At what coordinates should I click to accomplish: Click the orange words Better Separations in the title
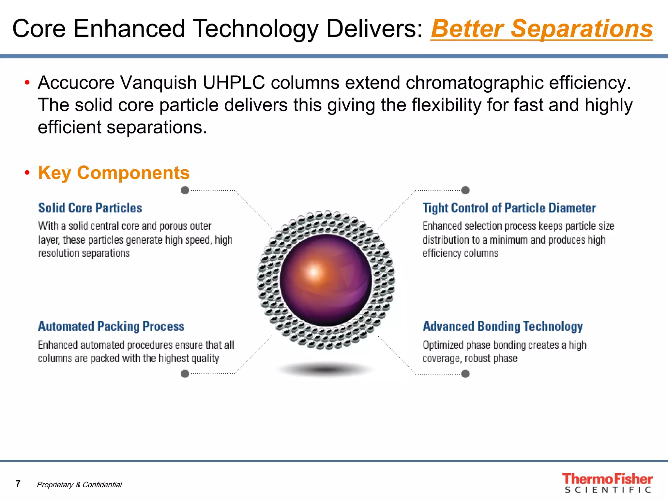(x=541, y=29)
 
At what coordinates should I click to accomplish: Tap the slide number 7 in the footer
(x=18, y=483)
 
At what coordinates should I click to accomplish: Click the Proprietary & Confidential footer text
(x=79, y=484)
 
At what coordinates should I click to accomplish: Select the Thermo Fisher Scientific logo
(x=607, y=483)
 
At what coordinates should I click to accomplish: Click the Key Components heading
(x=114, y=173)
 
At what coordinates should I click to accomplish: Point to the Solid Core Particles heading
(x=90, y=208)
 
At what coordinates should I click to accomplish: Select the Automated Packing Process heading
(x=111, y=326)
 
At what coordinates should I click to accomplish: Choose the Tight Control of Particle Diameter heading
(x=509, y=208)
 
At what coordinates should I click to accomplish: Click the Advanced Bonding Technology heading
(x=503, y=326)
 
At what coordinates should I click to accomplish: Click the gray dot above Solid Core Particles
(x=185, y=190)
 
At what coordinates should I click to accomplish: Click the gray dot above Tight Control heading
(x=465, y=190)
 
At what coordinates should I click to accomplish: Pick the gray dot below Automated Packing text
(x=185, y=373)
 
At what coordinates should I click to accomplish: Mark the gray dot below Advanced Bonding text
(x=465, y=373)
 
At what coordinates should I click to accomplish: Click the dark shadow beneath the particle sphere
(x=326, y=369)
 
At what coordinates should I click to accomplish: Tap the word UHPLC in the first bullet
(x=234, y=83)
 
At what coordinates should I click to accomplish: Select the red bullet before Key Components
(x=27, y=172)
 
